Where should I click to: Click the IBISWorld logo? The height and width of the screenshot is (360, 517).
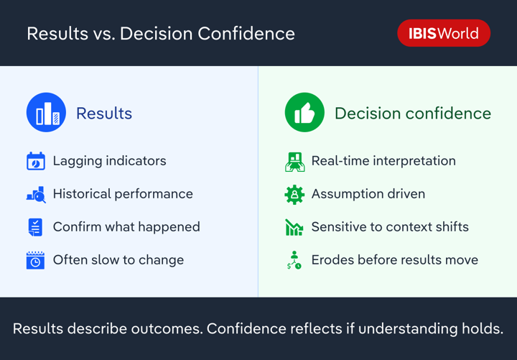point(443,33)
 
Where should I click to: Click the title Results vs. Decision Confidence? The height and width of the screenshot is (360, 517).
point(161,34)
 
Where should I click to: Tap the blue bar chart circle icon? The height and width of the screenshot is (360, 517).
point(46,113)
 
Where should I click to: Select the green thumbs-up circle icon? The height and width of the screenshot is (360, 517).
point(304,113)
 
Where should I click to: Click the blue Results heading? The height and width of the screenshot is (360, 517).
point(104,114)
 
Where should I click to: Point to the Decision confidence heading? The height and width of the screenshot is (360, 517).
point(412,114)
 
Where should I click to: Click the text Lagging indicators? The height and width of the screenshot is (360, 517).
point(109,161)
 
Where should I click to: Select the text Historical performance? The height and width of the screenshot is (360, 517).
point(123,194)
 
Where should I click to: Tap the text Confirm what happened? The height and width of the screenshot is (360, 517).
point(126,227)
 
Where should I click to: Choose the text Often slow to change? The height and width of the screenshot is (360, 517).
point(118,260)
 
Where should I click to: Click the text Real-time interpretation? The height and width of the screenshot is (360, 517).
point(383,161)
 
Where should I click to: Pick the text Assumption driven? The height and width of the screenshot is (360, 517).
point(368,194)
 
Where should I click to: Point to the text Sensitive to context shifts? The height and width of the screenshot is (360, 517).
point(390,227)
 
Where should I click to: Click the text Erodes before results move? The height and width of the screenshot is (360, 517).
point(394,260)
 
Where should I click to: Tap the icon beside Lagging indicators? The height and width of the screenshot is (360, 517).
point(35,161)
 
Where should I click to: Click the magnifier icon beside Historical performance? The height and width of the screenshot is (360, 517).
point(36,194)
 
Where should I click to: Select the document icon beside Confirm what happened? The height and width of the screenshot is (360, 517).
point(35,227)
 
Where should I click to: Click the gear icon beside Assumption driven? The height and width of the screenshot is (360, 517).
point(294,194)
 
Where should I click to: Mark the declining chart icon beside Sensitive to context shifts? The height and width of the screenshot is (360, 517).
point(294,227)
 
